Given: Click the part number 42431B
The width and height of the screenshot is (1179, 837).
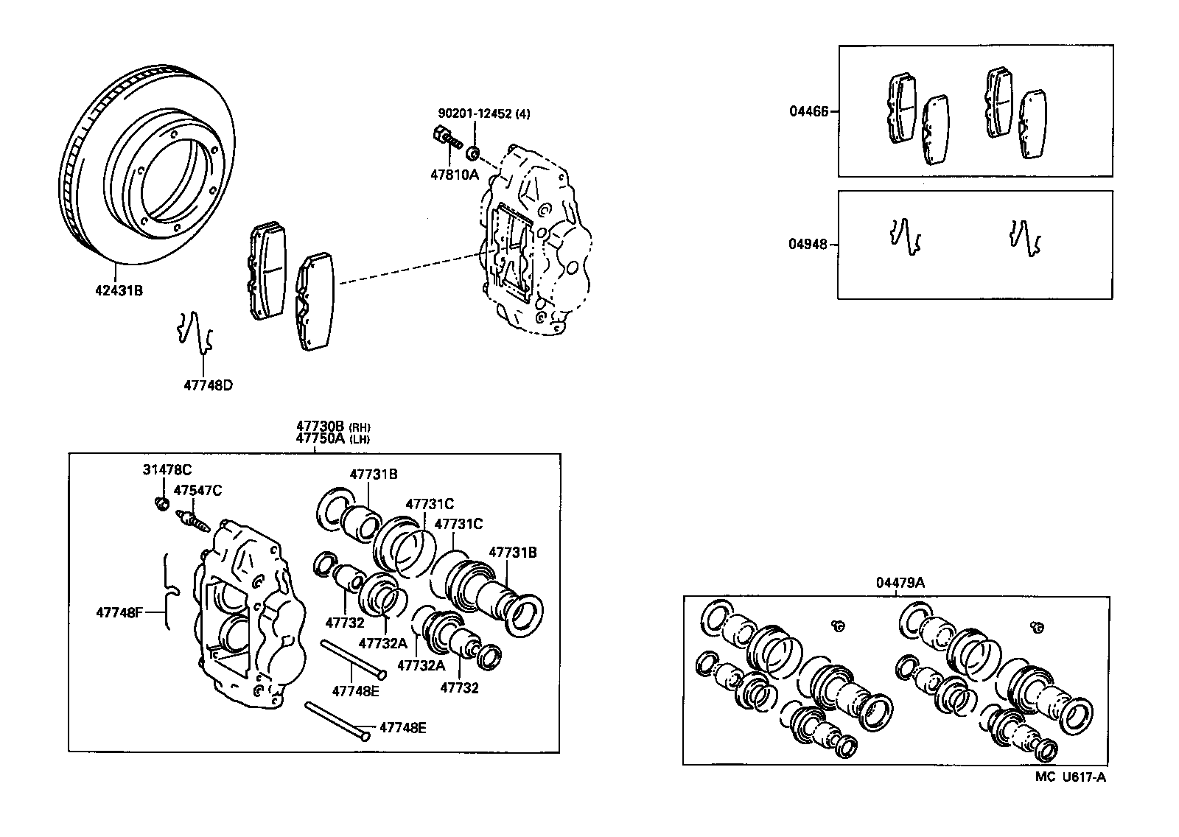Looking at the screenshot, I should (x=118, y=290).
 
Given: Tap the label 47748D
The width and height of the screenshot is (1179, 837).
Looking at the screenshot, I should (x=207, y=385).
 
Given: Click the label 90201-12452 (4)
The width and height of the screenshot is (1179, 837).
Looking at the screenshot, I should (x=483, y=113).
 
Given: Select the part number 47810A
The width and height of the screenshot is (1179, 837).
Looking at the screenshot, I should (x=454, y=175).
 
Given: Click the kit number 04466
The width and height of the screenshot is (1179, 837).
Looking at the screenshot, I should (x=808, y=112).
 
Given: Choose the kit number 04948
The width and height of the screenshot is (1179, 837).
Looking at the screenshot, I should (x=808, y=244).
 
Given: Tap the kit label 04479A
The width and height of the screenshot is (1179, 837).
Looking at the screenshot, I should (x=900, y=583).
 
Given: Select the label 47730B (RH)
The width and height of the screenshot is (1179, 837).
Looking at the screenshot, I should (x=332, y=426).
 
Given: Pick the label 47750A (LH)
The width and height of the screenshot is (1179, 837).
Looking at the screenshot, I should (x=332, y=438).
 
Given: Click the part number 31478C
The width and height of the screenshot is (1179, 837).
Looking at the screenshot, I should (x=167, y=469).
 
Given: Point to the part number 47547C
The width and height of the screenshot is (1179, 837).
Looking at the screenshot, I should (x=197, y=490).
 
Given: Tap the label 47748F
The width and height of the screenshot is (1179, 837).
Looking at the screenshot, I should (x=120, y=611).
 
